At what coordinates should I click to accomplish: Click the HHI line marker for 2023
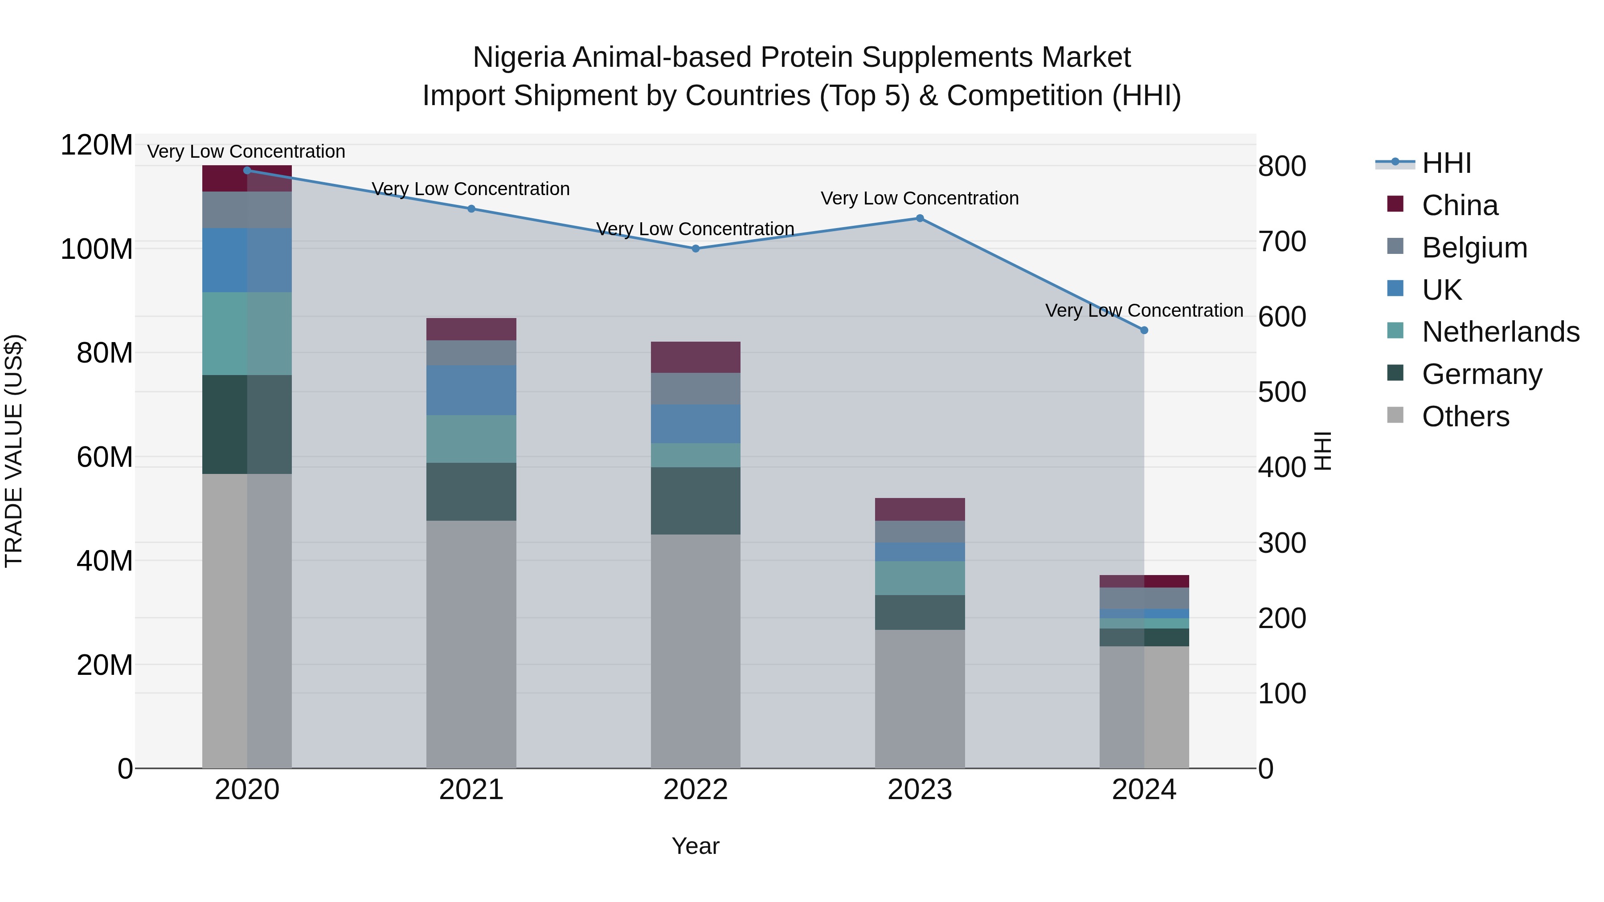coord(920,219)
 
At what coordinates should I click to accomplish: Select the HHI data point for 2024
coord(1144,331)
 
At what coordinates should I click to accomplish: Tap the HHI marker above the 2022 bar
coord(696,249)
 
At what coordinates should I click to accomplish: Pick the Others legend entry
coord(1465,416)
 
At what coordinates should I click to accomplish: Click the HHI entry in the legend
coord(1446,163)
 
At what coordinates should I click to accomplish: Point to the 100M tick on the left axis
coord(97,249)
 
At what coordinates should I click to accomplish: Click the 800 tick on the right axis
coord(1281,167)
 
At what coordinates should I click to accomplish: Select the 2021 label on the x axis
coord(471,790)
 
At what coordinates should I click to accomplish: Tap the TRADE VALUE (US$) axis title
coord(14,451)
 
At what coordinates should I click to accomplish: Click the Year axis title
coord(696,846)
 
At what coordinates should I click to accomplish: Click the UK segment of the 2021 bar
coord(471,390)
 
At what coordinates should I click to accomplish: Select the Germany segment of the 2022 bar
coord(696,501)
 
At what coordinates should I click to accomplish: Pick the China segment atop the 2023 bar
coord(920,509)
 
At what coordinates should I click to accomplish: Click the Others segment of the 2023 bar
coord(920,698)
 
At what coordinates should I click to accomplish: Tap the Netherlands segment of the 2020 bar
coord(247,334)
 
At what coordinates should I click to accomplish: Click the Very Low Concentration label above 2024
coord(1144,310)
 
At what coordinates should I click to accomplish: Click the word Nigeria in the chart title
coord(520,57)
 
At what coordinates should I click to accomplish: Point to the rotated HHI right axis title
coord(1322,451)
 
